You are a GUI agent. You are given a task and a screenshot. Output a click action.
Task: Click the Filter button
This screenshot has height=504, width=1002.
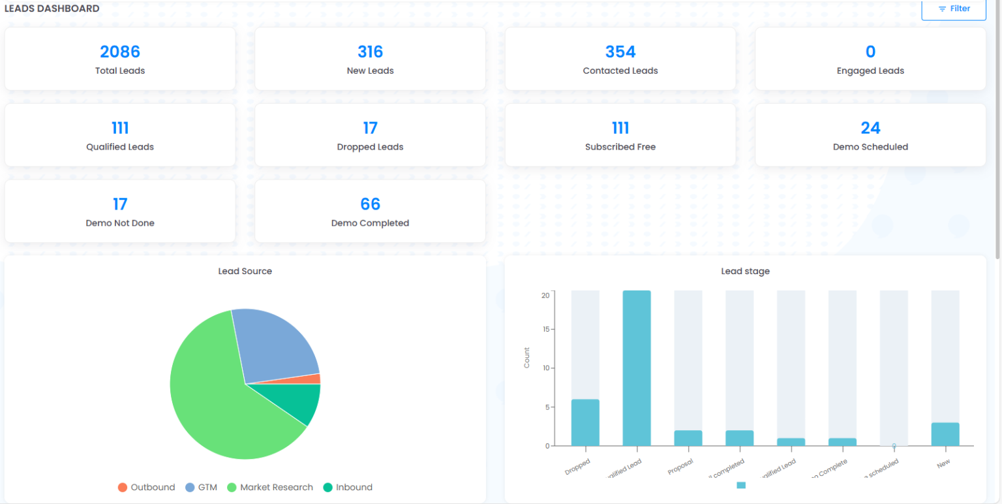(x=953, y=9)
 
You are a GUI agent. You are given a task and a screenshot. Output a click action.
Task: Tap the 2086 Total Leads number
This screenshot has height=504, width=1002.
(x=120, y=52)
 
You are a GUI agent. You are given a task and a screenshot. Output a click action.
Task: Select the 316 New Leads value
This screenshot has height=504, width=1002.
(x=370, y=52)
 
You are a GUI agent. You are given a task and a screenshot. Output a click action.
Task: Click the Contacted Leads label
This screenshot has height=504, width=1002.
(x=620, y=71)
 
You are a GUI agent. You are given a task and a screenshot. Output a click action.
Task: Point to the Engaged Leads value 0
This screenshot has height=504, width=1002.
(x=870, y=52)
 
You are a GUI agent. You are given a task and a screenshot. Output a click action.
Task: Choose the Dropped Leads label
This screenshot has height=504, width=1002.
(x=370, y=147)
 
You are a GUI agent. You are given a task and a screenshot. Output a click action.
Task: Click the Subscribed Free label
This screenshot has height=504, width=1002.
(x=620, y=147)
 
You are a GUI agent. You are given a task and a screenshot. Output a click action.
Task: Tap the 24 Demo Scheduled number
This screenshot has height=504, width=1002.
(x=870, y=128)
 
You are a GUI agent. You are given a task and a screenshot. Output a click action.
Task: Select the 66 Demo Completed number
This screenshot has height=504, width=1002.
(x=370, y=204)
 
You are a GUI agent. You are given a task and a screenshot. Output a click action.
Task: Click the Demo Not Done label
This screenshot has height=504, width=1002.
(x=120, y=223)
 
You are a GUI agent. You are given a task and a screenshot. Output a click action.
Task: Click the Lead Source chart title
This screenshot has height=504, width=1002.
(x=245, y=272)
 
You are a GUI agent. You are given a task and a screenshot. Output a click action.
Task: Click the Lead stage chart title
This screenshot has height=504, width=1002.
(x=745, y=272)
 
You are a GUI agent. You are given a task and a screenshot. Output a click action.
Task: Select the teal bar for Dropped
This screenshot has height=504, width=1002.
(x=585, y=423)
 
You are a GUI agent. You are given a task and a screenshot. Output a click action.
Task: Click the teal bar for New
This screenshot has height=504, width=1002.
(x=945, y=435)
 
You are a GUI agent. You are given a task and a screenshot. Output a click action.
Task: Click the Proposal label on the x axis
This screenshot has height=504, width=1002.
(x=680, y=465)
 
